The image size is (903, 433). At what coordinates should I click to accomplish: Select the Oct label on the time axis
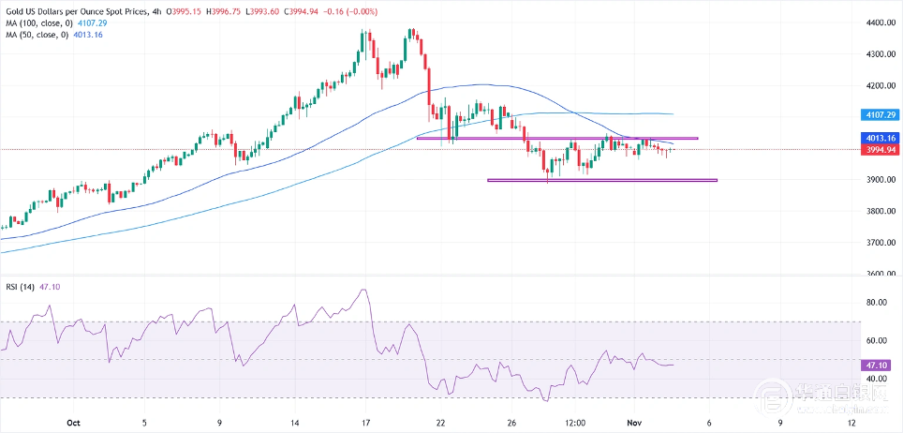(x=74, y=423)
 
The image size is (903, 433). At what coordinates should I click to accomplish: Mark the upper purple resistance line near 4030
(x=556, y=139)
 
